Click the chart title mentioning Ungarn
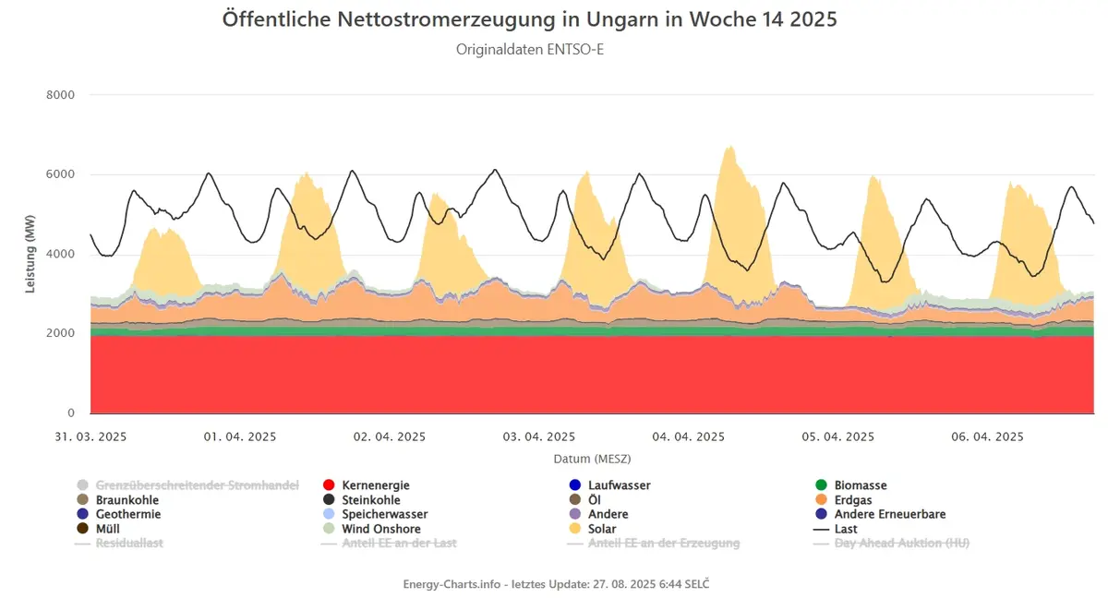(529, 19)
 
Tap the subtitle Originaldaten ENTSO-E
(530, 50)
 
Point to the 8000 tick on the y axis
(60, 95)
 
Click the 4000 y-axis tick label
(60, 254)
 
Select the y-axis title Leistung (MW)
(30, 254)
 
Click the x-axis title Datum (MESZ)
(592, 460)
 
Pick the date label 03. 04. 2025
(539, 437)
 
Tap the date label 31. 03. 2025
(90, 437)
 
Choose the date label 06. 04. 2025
(987, 437)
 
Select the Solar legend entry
(593, 529)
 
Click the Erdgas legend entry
(843, 500)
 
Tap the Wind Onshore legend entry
(371, 529)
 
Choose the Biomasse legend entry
(850, 485)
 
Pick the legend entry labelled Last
(836, 529)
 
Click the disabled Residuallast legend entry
(119, 544)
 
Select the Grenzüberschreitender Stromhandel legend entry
(188, 485)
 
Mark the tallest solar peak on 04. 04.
(729, 147)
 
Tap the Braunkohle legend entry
(118, 500)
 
